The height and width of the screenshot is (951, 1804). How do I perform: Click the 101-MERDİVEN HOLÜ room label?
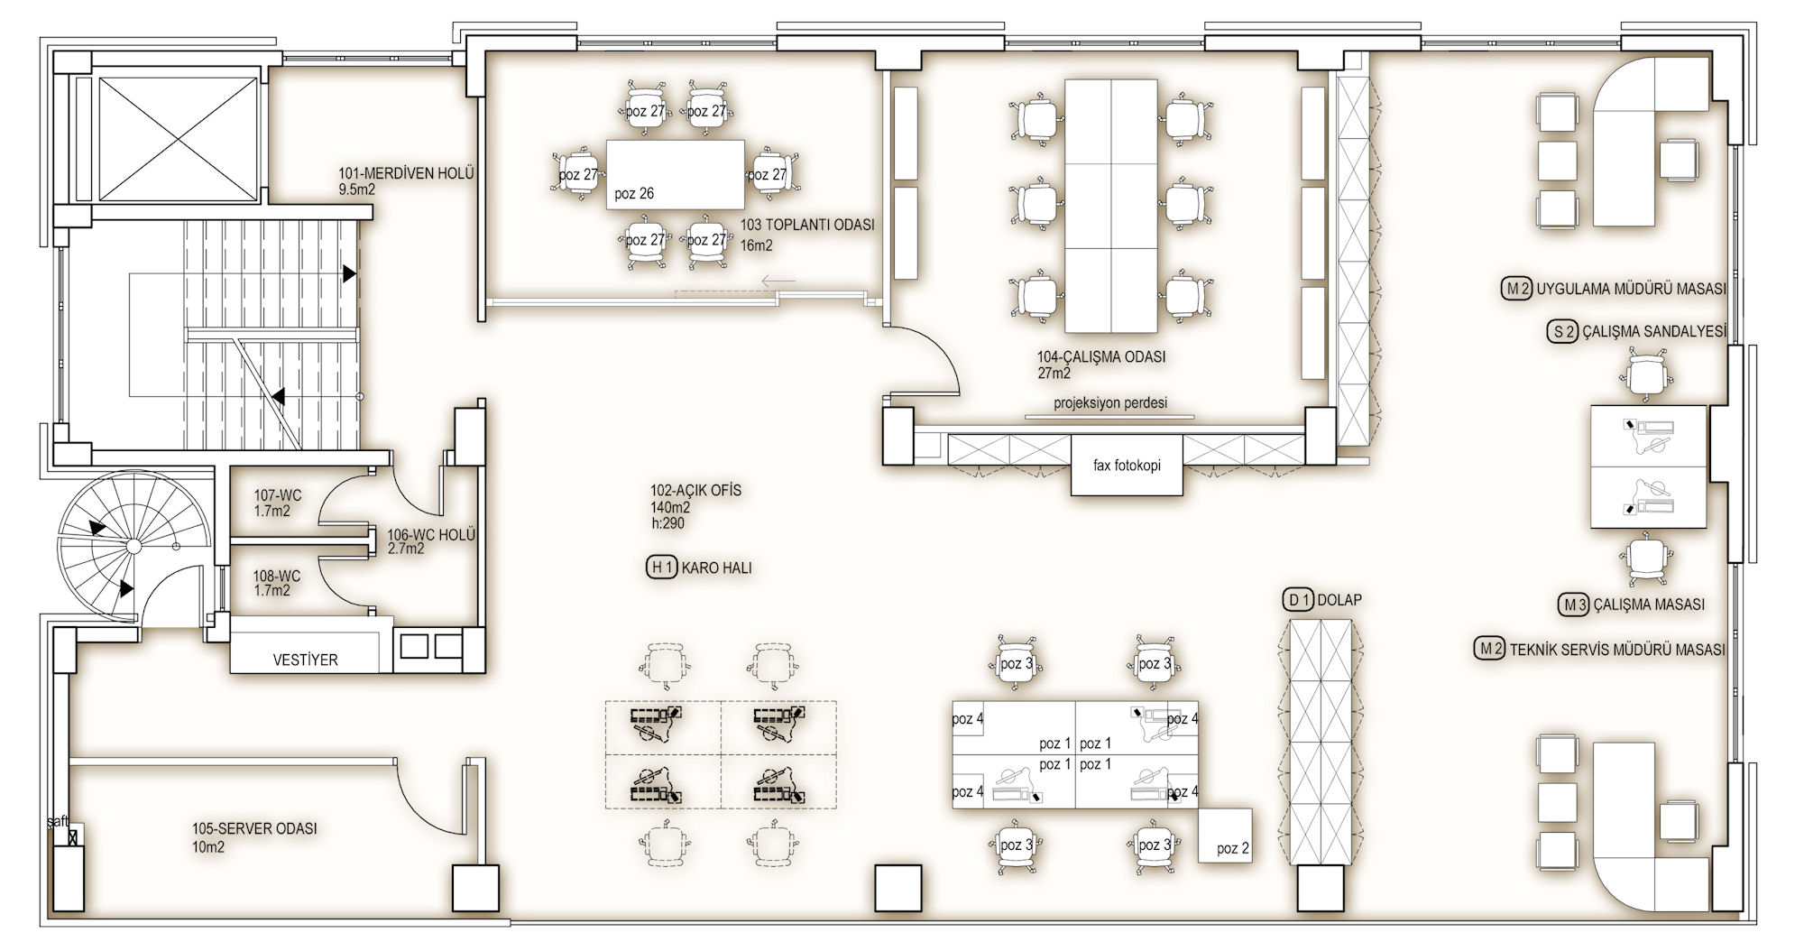point(406,174)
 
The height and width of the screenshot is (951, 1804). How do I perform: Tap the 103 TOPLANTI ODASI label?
point(807,225)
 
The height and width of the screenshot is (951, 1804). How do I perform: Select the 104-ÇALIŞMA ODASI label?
point(1101,356)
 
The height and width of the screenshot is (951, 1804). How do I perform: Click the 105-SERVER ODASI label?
point(254,828)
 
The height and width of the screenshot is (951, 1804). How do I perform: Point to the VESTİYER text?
point(305,660)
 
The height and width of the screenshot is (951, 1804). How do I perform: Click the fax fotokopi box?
point(1127,466)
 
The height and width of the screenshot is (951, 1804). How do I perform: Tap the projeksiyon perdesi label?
point(1110,402)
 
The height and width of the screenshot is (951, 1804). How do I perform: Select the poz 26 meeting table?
point(676,175)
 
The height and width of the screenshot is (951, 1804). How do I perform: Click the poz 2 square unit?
point(1226,836)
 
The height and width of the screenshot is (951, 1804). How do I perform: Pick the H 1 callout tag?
point(661,568)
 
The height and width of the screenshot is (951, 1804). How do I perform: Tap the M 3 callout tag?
point(1574,605)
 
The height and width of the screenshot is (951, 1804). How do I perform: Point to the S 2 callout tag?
point(1562,331)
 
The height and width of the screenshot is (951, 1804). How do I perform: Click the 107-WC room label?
point(277,495)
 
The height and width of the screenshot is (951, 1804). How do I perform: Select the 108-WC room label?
point(277,577)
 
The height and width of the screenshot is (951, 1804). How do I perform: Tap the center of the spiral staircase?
point(133,546)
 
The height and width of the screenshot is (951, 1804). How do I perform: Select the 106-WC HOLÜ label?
point(431,535)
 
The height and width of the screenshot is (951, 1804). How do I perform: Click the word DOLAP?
point(1340,600)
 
